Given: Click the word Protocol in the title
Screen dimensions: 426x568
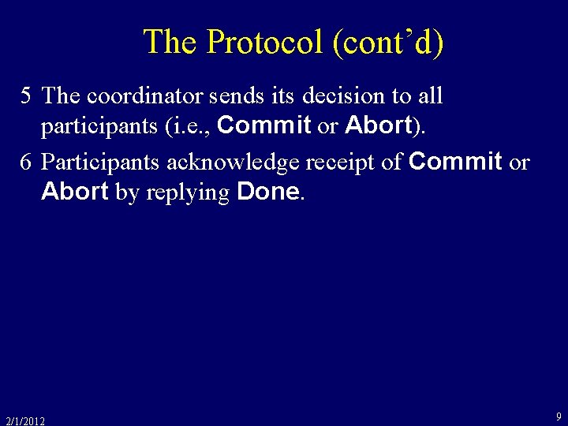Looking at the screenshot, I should pyautogui.click(x=264, y=42).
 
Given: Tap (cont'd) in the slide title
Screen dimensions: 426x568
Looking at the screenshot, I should pyautogui.click(x=388, y=42).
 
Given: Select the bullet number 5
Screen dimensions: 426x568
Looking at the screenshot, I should pyautogui.click(x=26, y=96).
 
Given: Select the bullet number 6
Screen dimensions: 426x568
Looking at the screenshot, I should pyautogui.click(x=26, y=163).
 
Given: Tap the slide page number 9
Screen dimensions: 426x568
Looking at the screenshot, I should pyautogui.click(x=559, y=416).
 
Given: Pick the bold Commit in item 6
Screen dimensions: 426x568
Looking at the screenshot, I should pyautogui.click(x=455, y=162).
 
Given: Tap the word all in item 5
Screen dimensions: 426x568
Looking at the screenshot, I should pyautogui.click(x=430, y=96).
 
